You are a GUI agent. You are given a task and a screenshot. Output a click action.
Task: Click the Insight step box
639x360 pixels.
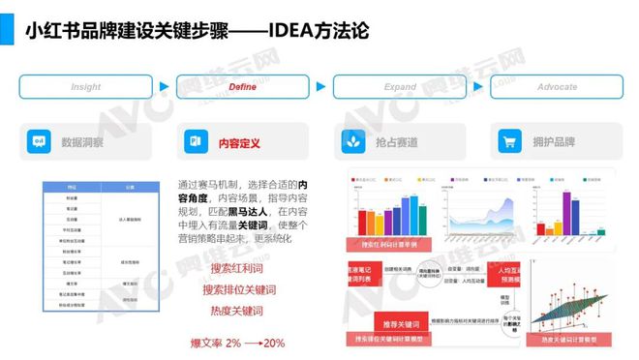pyautogui.click(x=85, y=86)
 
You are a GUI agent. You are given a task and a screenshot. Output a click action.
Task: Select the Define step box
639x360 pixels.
pyautogui.click(x=242, y=86)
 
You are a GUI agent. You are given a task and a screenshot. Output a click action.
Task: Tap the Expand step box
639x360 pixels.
pyautogui.click(x=400, y=86)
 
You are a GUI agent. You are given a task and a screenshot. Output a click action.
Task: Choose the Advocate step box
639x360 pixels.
pyautogui.click(x=557, y=86)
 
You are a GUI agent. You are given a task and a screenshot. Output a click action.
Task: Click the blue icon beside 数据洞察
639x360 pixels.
pyautogui.click(x=40, y=142)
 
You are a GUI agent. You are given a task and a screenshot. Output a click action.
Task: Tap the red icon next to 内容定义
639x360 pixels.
pyautogui.click(x=196, y=142)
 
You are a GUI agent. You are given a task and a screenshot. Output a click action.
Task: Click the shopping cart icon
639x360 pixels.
pyautogui.click(x=508, y=142)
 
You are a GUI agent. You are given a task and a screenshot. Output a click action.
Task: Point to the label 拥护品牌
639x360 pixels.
pyautogui.click(x=554, y=142)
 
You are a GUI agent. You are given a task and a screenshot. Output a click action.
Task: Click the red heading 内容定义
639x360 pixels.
pyautogui.click(x=239, y=142)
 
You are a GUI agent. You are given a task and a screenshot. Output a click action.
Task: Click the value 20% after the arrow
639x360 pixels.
pyautogui.click(x=274, y=343)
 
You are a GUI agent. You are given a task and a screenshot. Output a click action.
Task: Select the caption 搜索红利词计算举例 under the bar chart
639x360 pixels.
pyautogui.click(x=395, y=241)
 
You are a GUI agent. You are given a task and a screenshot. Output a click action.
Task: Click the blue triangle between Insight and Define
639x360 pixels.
pyautogui.click(x=164, y=86)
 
